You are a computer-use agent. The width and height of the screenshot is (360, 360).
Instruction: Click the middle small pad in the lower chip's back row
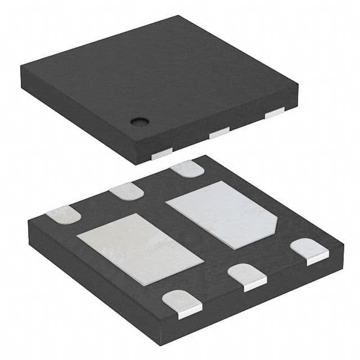tap(126, 191)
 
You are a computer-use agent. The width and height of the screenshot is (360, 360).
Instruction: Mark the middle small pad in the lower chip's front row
tap(247, 275)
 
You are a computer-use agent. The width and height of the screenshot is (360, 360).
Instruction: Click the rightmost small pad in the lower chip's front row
tap(310, 250)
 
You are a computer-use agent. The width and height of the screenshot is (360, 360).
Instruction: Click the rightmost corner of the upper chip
tap(298, 84)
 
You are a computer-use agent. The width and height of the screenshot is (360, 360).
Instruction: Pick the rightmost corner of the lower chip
tap(343, 244)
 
